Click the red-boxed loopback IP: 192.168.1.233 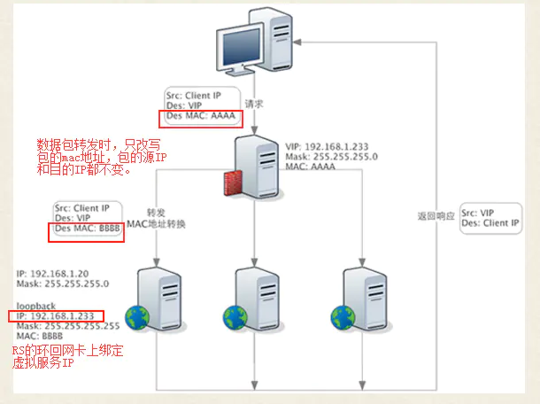click(x=57, y=315)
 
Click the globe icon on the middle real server click(x=235, y=317)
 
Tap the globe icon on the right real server click(x=342, y=317)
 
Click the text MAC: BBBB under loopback click(x=40, y=337)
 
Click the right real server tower click(x=359, y=297)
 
